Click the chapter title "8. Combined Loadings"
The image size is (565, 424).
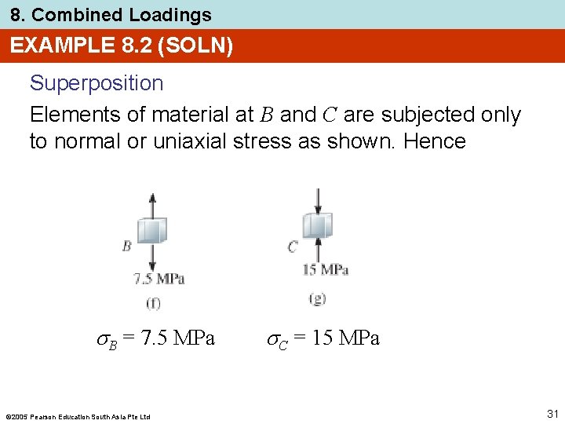(x=111, y=15)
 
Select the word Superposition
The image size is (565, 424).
(x=97, y=83)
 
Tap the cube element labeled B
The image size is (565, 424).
(x=152, y=231)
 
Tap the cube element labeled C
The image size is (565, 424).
(x=318, y=226)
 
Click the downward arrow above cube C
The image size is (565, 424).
(x=318, y=199)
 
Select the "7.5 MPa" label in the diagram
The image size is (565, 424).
(x=159, y=279)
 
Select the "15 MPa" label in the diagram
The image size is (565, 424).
(x=326, y=269)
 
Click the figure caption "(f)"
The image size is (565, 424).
(x=154, y=302)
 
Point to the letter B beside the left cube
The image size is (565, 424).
(x=126, y=246)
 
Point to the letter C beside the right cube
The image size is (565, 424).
(x=293, y=247)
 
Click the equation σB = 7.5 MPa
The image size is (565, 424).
(x=155, y=339)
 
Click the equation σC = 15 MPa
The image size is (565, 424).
(x=323, y=339)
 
